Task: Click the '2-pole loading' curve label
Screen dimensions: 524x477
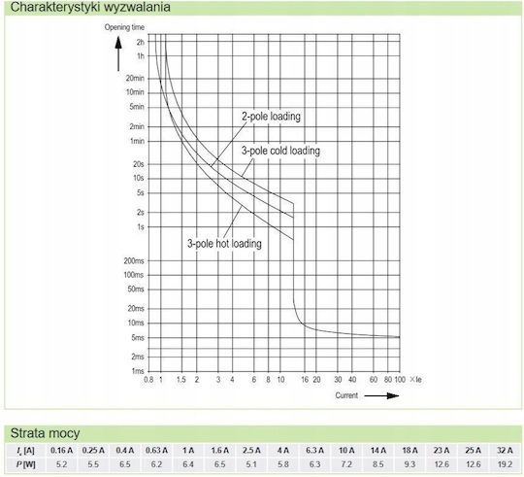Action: (x=271, y=117)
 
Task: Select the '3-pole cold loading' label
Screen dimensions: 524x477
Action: (x=280, y=151)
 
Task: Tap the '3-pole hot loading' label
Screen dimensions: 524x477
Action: (x=224, y=243)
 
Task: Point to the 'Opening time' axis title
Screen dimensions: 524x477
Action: (x=124, y=27)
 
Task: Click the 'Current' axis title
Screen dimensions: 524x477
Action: (x=346, y=395)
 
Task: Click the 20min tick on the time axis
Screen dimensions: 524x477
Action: (x=135, y=79)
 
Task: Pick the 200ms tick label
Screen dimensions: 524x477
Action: (x=134, y=261)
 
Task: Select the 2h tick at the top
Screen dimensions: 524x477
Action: (x=141, y=42)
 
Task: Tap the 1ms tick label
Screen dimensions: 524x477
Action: (x=138, y=371)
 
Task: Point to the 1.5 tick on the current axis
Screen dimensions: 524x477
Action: (x=181, y=380)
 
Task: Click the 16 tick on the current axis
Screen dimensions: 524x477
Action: (x=305, y=380)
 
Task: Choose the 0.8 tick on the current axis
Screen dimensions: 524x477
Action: (x=148, y=380)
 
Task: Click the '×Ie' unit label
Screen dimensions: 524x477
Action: (x=415, y=380)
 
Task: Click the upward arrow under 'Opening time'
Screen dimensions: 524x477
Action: (x=118, y=53)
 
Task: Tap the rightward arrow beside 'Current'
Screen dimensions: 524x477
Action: (x=381, y=395)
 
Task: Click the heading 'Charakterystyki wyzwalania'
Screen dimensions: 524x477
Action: (x=90, y=7)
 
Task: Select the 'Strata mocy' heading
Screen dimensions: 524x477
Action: (x=45, y=433)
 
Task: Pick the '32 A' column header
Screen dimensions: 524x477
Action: (x=505, y=451)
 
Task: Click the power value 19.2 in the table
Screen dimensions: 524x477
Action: (x=505, y=464)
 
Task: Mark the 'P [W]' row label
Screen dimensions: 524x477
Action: (x=26, y=464)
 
